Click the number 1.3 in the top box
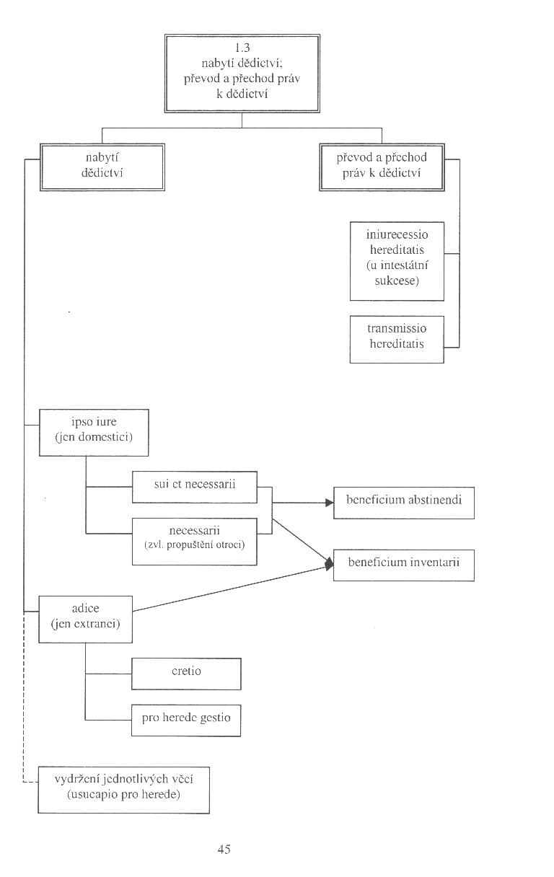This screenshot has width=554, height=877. (242, 48)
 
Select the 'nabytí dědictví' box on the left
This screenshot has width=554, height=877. (102, 167)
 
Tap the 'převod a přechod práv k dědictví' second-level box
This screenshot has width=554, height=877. (382, 167)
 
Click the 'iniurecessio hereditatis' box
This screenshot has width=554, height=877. (397, 261)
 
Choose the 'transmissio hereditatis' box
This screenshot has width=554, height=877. (397, 340)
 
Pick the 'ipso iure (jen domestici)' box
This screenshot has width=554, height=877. (94, 433)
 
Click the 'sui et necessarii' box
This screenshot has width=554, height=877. (195, 487)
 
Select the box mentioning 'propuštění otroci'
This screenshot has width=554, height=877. (195, 542)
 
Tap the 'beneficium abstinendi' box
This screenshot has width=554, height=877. (404, 503)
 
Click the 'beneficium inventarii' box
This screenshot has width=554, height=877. (404, 565)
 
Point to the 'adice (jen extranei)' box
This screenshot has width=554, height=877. (85, 620)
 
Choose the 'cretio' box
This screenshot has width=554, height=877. (186, 674)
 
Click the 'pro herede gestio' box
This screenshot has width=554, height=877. (186, 720)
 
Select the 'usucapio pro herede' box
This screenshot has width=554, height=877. (124, 790)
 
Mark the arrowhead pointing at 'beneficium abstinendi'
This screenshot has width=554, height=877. (330, 503)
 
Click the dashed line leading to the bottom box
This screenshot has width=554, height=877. (24, 697)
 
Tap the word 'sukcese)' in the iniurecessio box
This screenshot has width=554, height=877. (397, 281)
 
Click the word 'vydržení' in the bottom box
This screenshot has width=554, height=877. (76, 780)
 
